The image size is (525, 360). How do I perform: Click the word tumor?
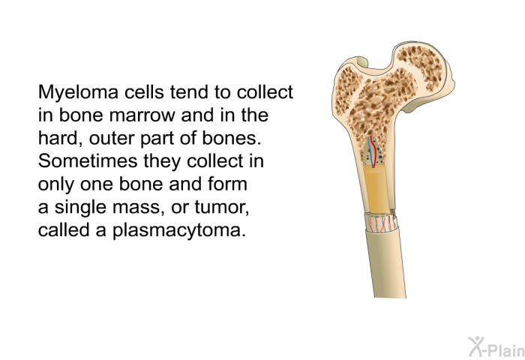[222, 207]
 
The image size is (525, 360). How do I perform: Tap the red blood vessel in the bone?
[373, 151]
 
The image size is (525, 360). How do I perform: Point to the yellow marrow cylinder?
[376, 189]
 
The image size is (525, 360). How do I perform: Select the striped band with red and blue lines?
[382, 223]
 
